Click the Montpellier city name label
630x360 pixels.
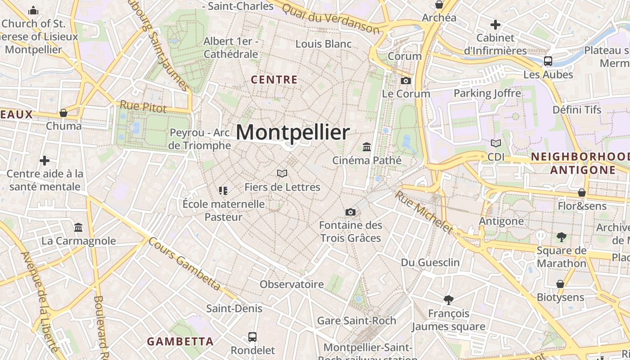click(292, 132)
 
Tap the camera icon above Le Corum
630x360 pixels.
click(405, 81)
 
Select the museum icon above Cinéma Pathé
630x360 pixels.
click(367, 147)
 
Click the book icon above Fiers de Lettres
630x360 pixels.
click(282, 173)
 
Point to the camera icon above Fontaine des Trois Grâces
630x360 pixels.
click(351, 212)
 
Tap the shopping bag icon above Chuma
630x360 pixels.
click(63, 112)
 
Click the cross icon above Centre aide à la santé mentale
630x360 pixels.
click(45, 160)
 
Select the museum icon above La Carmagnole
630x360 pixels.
click(79, 227)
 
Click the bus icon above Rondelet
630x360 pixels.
click(252, 337)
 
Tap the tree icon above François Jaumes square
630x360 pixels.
click(448, 300)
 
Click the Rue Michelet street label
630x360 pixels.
click(423, 212)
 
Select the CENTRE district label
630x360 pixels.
click(274, 80)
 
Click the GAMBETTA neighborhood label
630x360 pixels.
click(180, 341)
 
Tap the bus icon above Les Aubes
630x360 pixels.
click(548, 61)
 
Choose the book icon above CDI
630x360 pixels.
click(495, 144)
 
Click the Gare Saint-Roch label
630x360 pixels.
click(356, 320)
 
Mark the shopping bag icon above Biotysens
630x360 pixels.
click(560, 284)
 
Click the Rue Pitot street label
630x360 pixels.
click(143, 107)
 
